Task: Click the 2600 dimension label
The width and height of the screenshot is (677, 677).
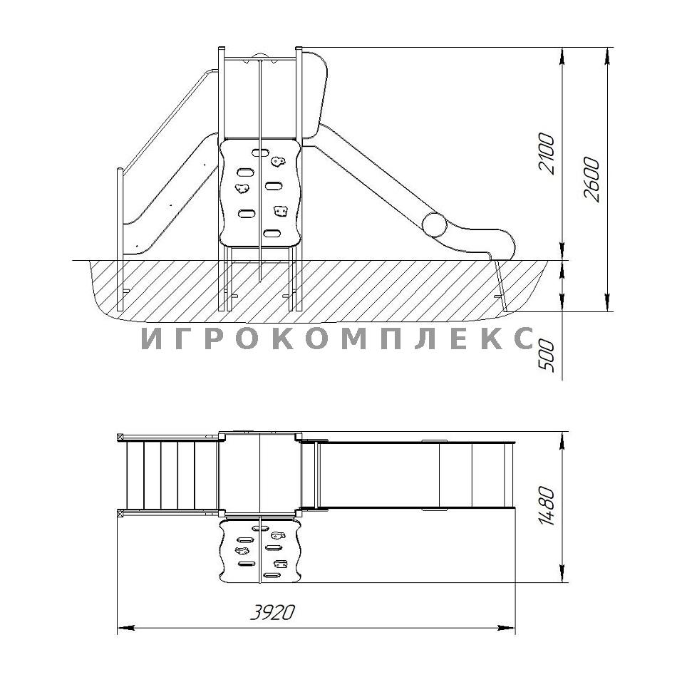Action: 591,180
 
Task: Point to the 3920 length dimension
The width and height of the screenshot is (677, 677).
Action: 273,612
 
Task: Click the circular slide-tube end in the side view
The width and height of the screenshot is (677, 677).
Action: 434,224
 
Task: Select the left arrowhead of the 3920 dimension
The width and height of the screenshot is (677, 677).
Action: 125,627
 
